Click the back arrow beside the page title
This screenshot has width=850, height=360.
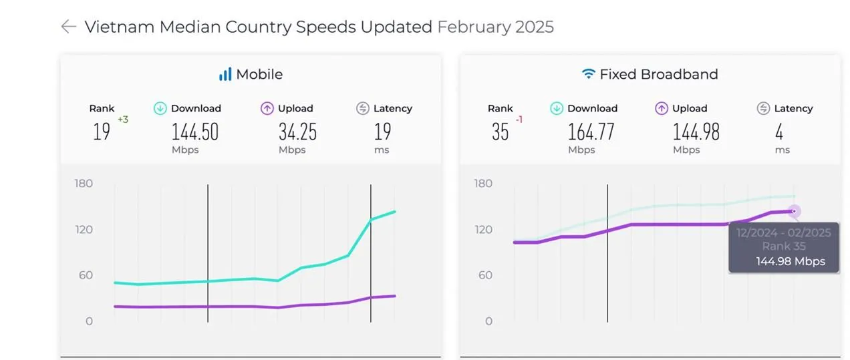(68, 27)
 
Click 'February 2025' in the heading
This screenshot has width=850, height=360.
(495, 27)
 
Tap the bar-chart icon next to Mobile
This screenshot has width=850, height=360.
(225, 74)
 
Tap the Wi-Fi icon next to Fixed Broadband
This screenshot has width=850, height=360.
(588, 74)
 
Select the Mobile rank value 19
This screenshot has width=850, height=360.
(102, 132)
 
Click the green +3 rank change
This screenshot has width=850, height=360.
(123, 120)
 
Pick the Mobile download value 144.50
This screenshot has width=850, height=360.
(195, 132)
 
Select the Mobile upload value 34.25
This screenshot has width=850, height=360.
(297, 132)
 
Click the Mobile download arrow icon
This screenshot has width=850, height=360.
(160, 108)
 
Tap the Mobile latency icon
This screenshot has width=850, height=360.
(363, 108)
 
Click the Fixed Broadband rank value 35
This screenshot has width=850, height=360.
(501, 132)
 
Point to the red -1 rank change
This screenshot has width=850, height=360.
(519, 120)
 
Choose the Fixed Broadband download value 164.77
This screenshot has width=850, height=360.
(591, 132)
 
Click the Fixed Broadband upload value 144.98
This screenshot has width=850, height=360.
(696, 132)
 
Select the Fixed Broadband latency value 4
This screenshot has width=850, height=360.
(779, 132)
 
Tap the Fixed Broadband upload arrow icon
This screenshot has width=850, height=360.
(662, 108)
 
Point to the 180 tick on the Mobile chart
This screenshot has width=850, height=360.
(84, 184)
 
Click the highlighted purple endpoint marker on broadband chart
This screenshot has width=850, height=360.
(794, 212)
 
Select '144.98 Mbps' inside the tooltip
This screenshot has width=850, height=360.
(791, 261)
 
